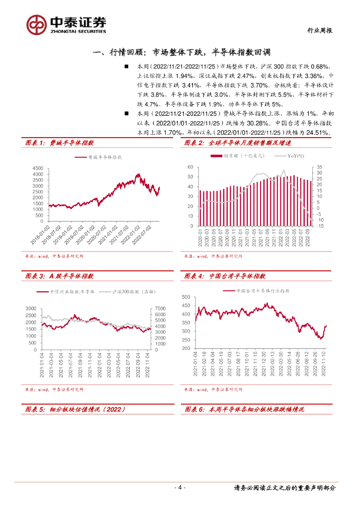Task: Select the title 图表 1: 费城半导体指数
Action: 60,143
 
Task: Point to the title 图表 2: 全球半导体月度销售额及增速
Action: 237,143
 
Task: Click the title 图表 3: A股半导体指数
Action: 60,276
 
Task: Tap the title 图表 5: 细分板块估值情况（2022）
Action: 75,409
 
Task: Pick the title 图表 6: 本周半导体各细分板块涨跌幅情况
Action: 244,409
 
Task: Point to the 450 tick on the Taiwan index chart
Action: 186,305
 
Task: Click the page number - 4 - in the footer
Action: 180,488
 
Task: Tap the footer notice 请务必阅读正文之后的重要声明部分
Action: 284,488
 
